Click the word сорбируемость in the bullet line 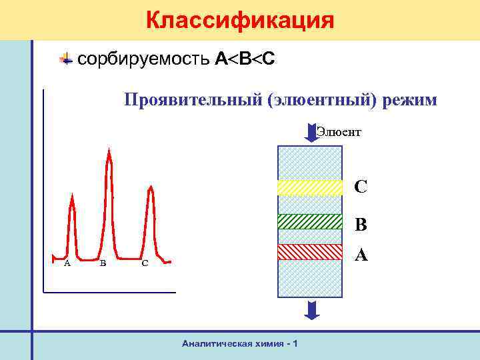(144, 59)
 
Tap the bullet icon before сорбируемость (66, 59)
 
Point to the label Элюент (339, 131)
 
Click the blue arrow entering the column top (311, 132)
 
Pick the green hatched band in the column (309, 221)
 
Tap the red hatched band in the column (309, 251)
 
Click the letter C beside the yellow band (361, 187)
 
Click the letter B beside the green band (361, 225)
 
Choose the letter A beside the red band (361, 255)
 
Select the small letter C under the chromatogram (145, 263)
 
